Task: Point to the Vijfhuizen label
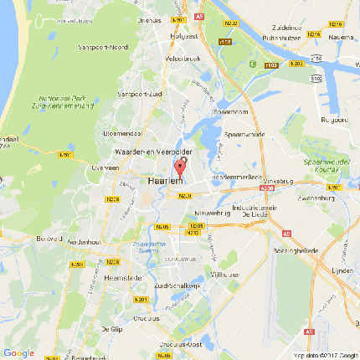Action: [x=224, y=274]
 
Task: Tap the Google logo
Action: [x=18, y=352]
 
